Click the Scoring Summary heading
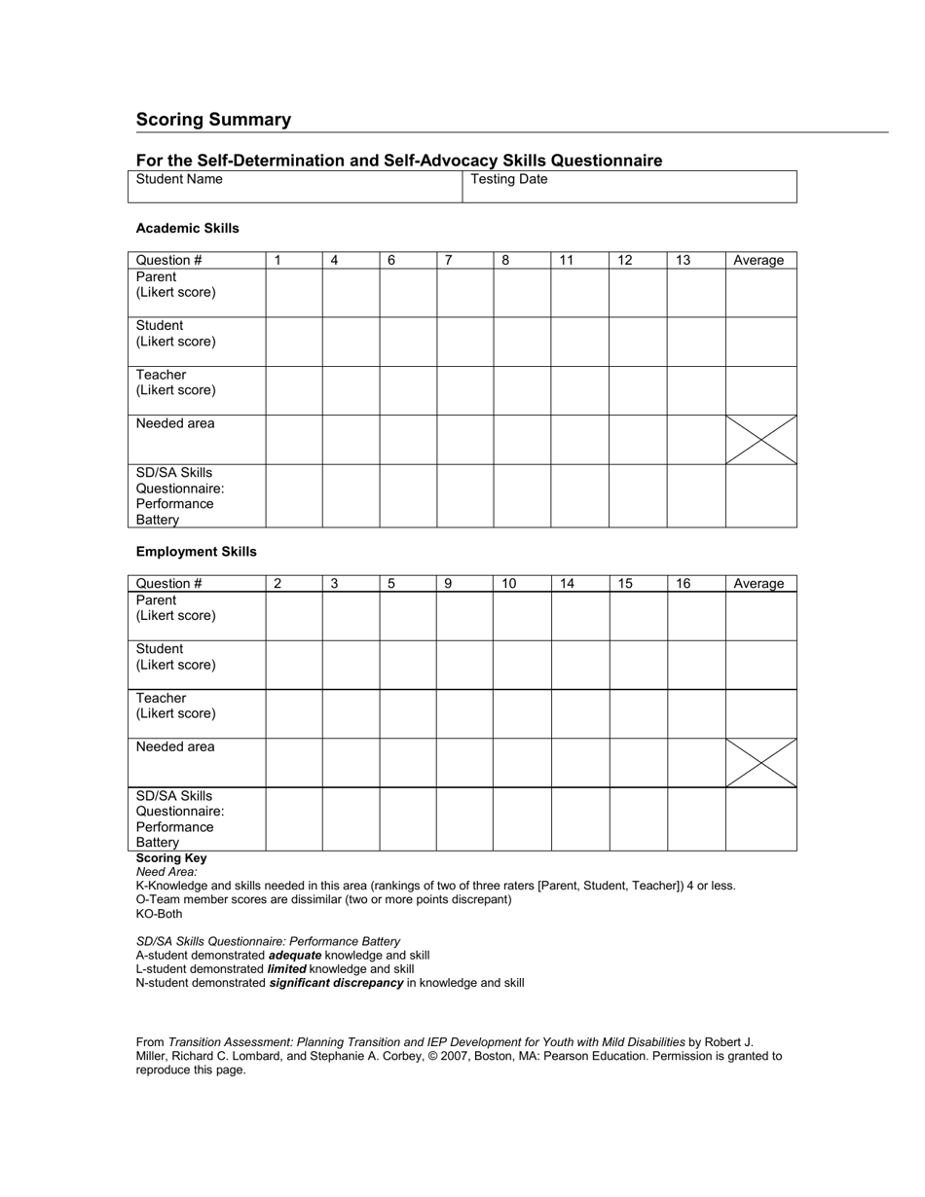pyautogui.click(x=213, y=120)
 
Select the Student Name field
pyautogui.click(x=294, y=186)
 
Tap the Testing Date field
pyautogui.click(x=629, y=186)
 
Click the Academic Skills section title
pyautogui.click(x=187, y=229)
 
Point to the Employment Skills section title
pyautogui.click(x=196, y=552)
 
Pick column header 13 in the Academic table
pyautogui.click(x=684, y=260)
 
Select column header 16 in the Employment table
pyautogui.click(x=684, y=584)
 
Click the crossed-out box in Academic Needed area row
pyautogui.click(x=760, y=440)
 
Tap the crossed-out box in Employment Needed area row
pyautogui.click(x=760, y=763)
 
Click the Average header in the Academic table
pyautogui.click(x=758, y=260)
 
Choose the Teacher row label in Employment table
pyautogui.click(x=176, y=706)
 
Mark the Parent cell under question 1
pyautogui.click(x=294, y=293)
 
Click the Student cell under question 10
pyautogui.click(x=522, y=665)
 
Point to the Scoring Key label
pyautogui.click(x=171, y=858)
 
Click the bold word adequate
pyautogui.click(x=295, y=956)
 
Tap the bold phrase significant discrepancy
pyautogui.click(x=336, y=983)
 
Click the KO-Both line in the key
pyautogui.click(x=159, y=914)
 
